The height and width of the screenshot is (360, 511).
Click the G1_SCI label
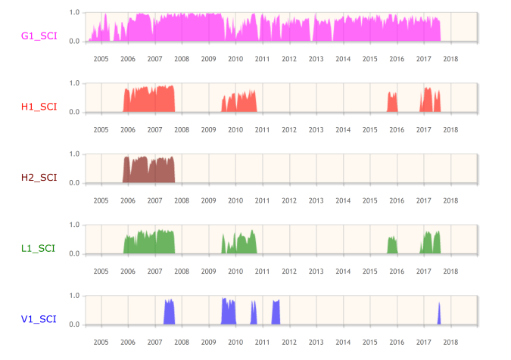(x=39, y=36)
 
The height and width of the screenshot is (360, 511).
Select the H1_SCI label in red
(x=39, y=107)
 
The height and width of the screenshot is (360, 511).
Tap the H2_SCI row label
(x=39, y=178)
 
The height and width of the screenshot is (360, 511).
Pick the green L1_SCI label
(x=39, y=248)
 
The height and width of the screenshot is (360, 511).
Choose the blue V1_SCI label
(x=39, y=319)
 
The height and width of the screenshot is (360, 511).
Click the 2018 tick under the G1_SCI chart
(x=450, y=59)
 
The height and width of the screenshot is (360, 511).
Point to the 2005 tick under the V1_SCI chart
(x=101, y=342)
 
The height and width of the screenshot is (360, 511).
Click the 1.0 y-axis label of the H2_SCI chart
(x=74, y=154)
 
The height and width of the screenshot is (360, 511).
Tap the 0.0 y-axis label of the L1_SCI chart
(x=74, y=253)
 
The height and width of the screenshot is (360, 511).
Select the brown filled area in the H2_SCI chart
(x=148, y=171)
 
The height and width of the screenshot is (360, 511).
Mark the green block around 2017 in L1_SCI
(x=431, y=244)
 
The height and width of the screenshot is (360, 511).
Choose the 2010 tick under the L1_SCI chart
(x=235, y=272)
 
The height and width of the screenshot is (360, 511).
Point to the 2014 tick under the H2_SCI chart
(x=342, y=200)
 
